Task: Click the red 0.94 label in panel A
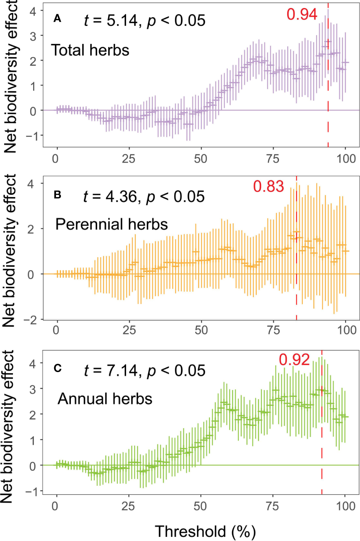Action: [302, 14]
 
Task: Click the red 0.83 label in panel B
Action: [269, 186]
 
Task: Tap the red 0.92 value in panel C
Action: [294, 360]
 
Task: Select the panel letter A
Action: [58, 18]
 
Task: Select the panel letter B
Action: [58, 195]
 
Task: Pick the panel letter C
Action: [58, 368]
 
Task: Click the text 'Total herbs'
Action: [90, 50]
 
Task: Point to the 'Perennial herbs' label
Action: [111, 224]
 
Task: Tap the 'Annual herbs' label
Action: [105, 399]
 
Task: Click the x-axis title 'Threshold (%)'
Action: [205, 531]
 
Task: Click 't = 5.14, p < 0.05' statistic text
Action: [144, 21]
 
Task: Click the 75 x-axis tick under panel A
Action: [273, 159]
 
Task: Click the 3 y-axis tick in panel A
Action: [33, 36]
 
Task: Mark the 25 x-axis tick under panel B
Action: [129, 330]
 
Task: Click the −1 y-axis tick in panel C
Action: [32, 491]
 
